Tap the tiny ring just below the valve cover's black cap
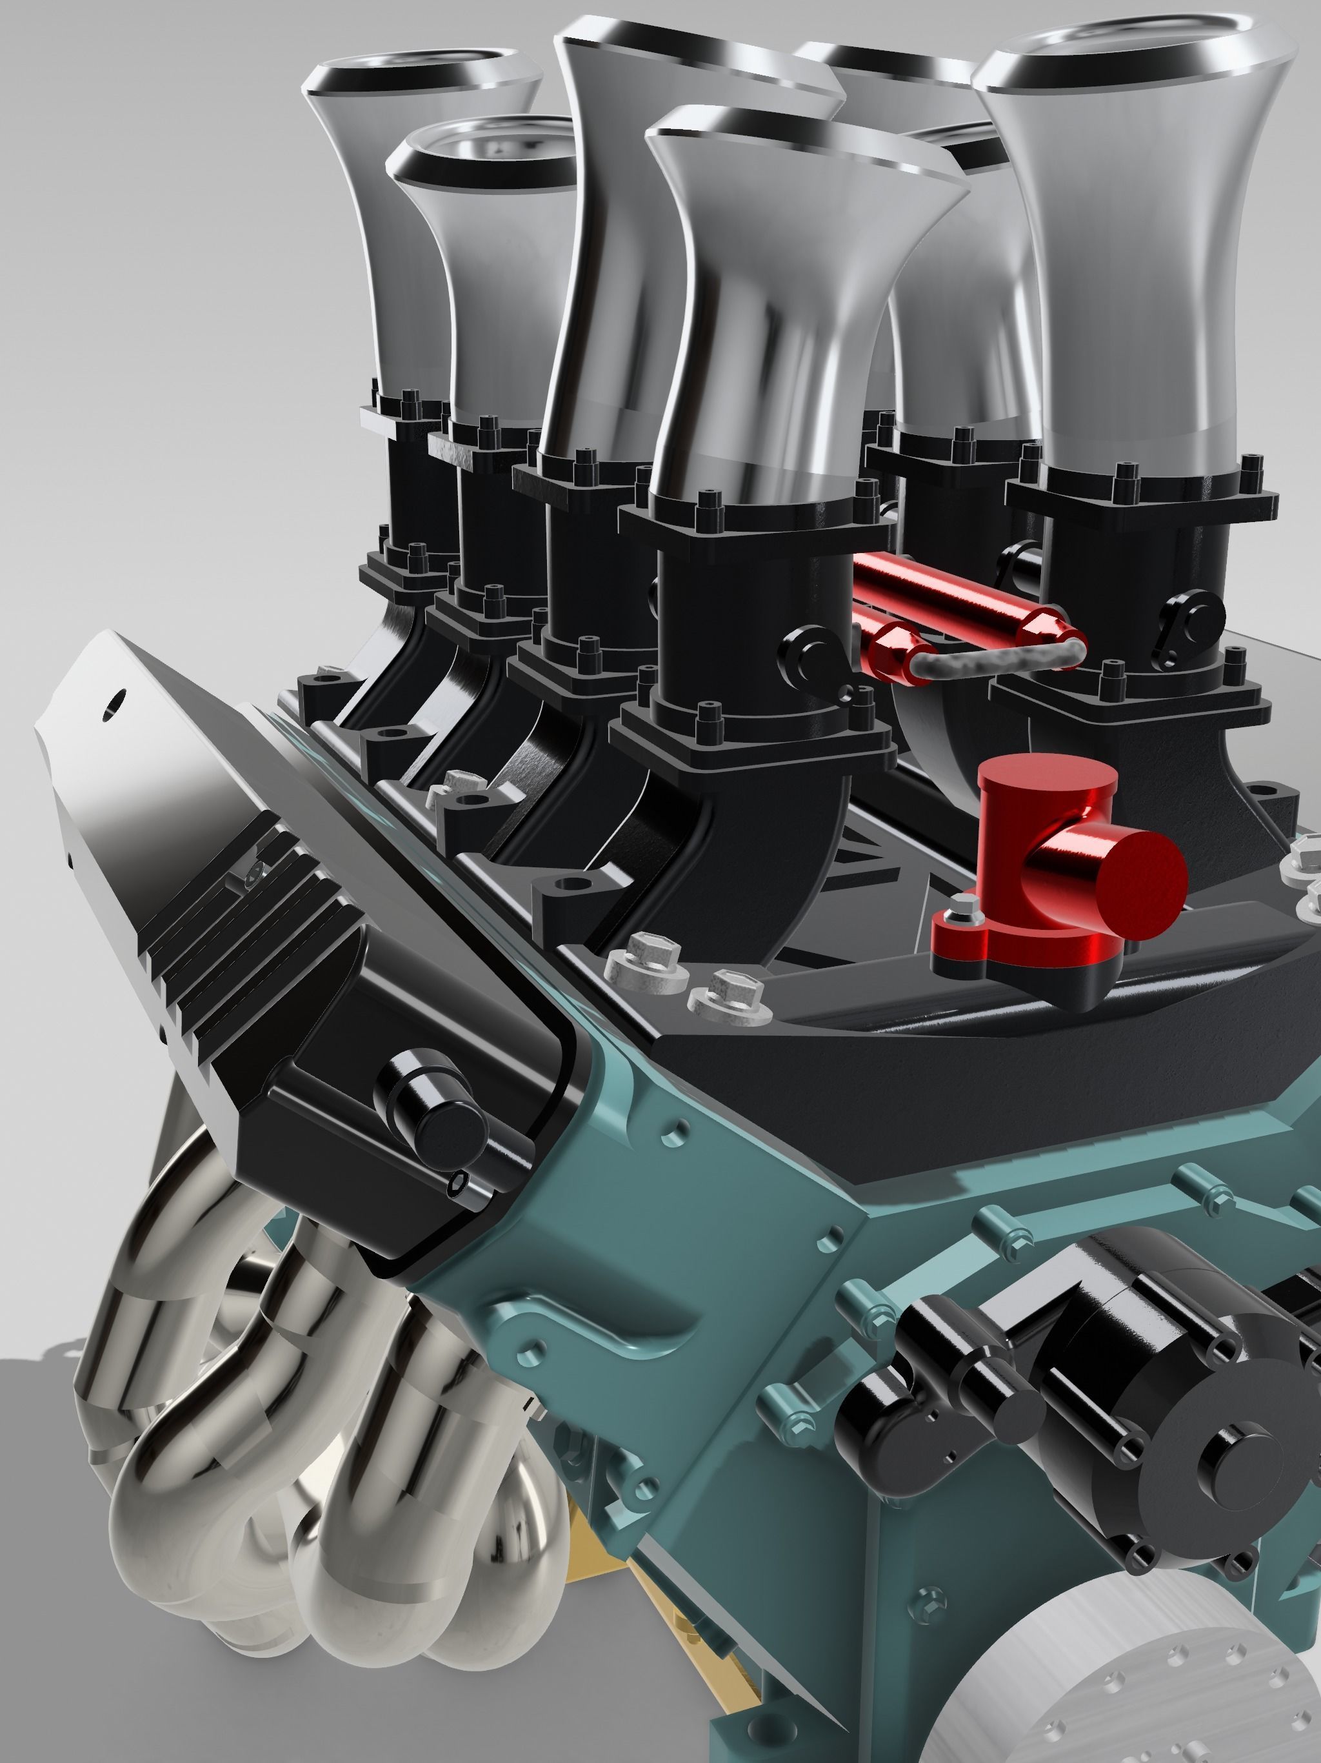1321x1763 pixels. pos(457,1186)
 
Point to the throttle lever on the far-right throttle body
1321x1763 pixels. pos(1195,614)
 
